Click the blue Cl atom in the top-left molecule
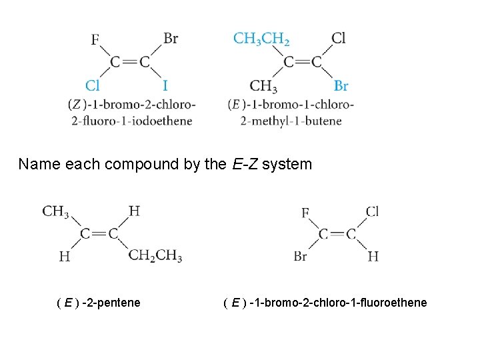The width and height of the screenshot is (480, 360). tap(93, 86)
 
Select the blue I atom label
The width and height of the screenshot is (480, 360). tap(165, 86)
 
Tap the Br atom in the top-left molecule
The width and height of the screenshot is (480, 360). tap(171, 38)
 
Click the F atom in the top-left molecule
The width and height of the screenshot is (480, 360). tap(95, 40)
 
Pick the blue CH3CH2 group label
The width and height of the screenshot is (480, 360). tap(261, 39)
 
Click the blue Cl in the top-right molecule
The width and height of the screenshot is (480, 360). tap(339, 38)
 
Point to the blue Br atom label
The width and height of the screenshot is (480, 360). tap(341, 86)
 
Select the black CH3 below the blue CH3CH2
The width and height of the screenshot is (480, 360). tap(263, 86)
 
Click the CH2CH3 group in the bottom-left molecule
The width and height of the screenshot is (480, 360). tap(155, 256)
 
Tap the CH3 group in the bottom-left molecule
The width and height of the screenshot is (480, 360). tap(56, 211)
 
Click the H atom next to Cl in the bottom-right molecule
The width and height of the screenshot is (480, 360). tap(373, 256)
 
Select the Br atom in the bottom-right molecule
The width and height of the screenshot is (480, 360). tap(300, 256)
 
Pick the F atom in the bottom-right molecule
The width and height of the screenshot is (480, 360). tap(305, 213)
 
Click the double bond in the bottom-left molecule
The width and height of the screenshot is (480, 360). tap(99, 233)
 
